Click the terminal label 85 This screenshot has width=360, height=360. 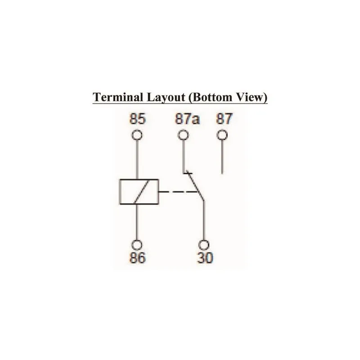[x=138, y=119]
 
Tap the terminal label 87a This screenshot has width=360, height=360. [x=187, y=119]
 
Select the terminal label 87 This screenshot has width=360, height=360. [x=224, y=119]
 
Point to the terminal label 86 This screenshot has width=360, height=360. [x=138, y=257]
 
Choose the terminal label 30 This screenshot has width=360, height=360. [x=205, y=257]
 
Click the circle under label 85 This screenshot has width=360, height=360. [x=137, y=135]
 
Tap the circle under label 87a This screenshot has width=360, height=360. [x=183, y=135]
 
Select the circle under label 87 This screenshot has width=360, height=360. [x=222, y=135]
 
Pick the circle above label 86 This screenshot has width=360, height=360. [x=137, y=245]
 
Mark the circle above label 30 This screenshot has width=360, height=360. [x=204, y=245]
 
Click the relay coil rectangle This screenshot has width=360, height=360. [x=139, y=192]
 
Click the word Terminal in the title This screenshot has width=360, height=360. [x=118, y=97]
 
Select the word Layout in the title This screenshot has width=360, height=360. [x=166, y=98]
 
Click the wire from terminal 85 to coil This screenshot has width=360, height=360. [x=137, y=160]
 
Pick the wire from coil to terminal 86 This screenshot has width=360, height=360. [x=137, y=222]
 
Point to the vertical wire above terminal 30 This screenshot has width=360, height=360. [x=204, y=220]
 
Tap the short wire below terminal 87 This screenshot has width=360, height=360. [x=222, y=157]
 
